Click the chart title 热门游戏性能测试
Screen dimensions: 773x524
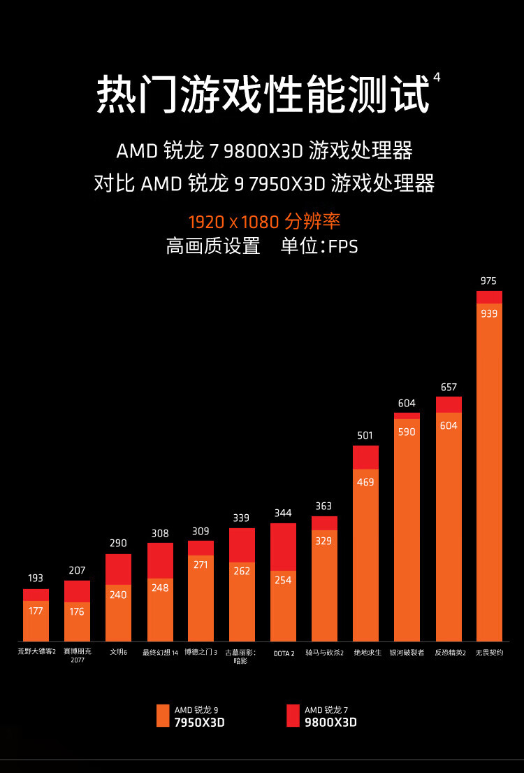[x=262, y=94]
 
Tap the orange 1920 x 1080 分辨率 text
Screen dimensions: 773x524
[x=264, y=222]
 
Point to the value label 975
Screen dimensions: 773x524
[x=488, y=281]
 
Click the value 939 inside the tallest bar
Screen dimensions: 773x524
[x=489, y=313]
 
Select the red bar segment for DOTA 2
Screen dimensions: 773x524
[x=283, y=546]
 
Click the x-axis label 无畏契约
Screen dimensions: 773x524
[x=489, y=652]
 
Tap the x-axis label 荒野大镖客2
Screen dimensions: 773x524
[x=36, y=652]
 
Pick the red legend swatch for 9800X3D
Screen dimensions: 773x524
[x=293, y=716]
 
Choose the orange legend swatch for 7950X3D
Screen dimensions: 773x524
[x=163, y=716]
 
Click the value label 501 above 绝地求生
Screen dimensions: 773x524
[x=365, y=435]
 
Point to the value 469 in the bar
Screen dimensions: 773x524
[x=365, y=482]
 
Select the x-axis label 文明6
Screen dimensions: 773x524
[x=118, y=652]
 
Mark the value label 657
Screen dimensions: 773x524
[x=449, y=387]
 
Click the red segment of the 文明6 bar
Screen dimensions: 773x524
[x=118, y=569]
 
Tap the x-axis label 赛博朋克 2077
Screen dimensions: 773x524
[x=77, y=655]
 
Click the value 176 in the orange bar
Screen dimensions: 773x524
[x=77, y=611]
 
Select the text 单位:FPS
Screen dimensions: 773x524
[x=319, y=246]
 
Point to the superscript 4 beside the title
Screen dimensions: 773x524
[x=437, y=78]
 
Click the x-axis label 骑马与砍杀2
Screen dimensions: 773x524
[x=324, y=652]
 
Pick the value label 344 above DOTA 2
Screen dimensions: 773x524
[x=283, y=513]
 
